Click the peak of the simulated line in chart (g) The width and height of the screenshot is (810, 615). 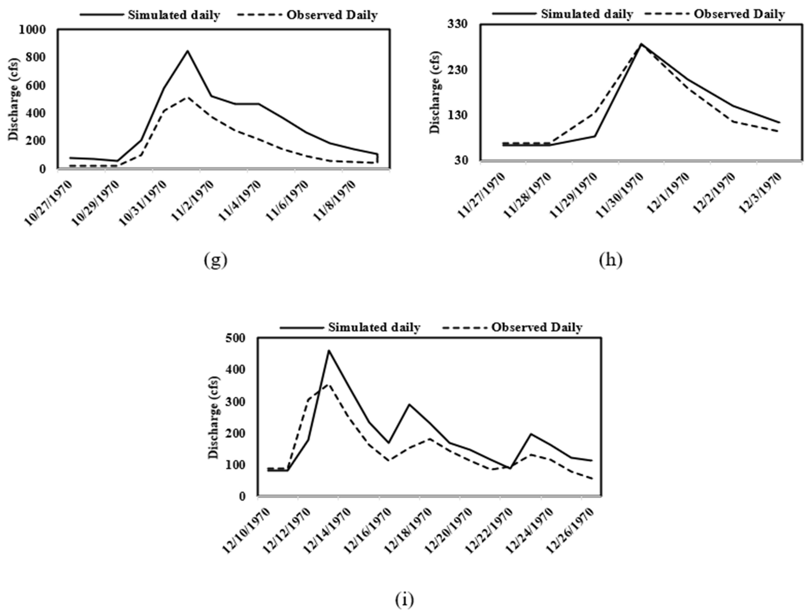(x=188, y=51)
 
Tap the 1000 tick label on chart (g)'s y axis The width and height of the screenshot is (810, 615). (x=32, y=30)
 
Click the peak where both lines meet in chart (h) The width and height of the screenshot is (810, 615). (x=641, y=44)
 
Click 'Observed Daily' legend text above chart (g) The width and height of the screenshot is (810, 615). (x=332, y=15)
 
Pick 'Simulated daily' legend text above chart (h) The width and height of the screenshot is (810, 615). (x=587, y=14)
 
